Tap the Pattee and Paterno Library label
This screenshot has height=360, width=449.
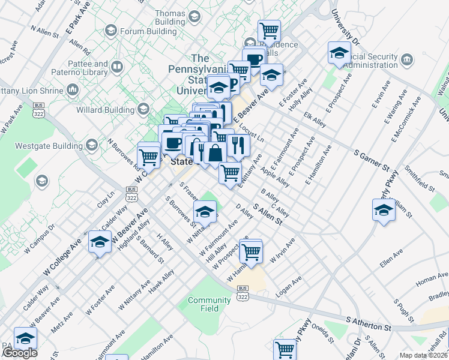coord(84,68)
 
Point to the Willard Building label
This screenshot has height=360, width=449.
coord(112,110)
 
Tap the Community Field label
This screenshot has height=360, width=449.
coord(209,304)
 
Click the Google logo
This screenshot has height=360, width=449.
coord(19,353)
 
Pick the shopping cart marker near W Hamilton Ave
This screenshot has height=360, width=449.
coord(252,252)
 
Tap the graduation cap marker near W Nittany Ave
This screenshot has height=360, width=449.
coord(205,212)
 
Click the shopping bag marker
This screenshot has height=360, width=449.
coord(215,154)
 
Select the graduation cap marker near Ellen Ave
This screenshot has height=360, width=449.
coord(384,210)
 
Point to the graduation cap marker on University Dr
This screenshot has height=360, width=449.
coord(339,53)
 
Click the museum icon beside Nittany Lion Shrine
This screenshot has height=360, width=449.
coord(73,90)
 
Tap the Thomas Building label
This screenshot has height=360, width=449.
coord(170,17)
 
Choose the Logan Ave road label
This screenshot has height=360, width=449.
coord(289,287)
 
